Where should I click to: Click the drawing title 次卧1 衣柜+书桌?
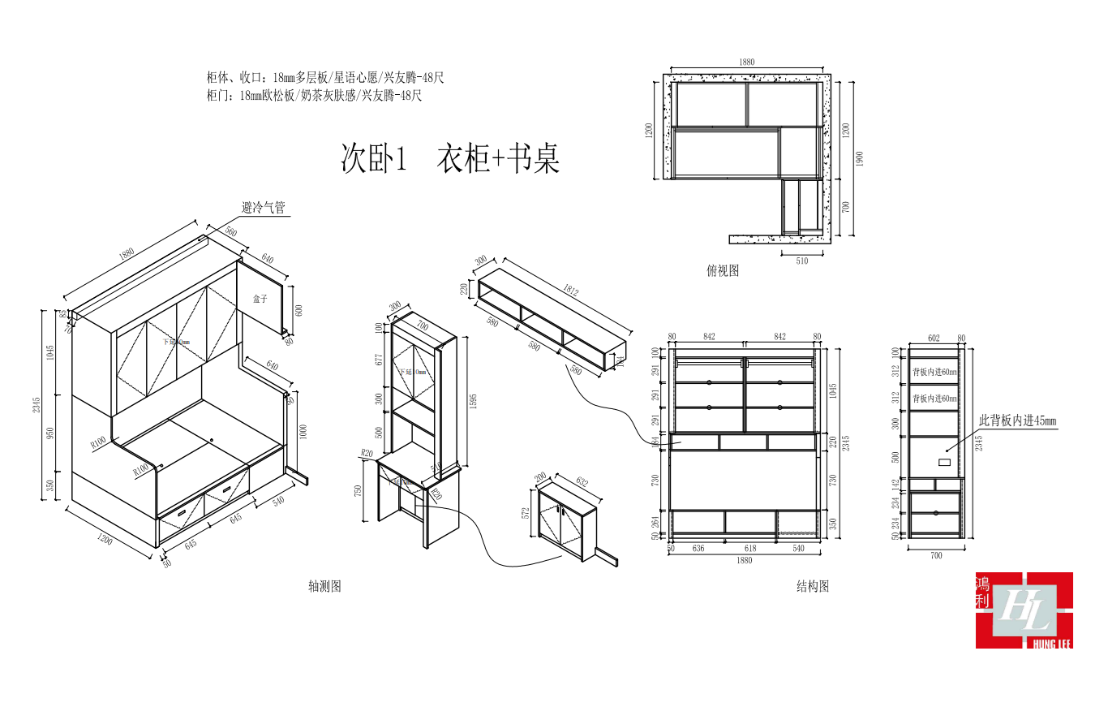click(x=449, y=159)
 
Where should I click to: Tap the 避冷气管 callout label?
click(x=263, y=208)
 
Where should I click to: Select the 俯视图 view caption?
click(x=723, y=271)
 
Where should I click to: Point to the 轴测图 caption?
click(x=324, y=586)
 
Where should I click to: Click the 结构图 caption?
click(x=813, y=586)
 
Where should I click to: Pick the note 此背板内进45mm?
click(x=1017, y=420)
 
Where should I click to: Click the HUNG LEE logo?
click(x=1024, y=610)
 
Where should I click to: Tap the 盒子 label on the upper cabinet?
click(x=260, y=300)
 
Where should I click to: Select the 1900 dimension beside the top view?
click(x=860, y=158)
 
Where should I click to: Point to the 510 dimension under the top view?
click(x=802, y=261)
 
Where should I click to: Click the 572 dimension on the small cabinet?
click(x=526, y=513)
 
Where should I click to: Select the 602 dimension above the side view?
click(x=934, y=338)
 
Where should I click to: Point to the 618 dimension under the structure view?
click(x=750, y=549)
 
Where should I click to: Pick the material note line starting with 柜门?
click(x=315, y=96)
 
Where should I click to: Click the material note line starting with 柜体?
click(x=325, y=78)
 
